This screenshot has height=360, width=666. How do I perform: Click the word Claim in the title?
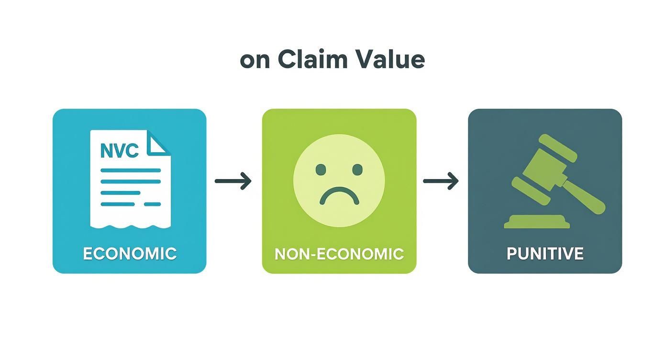click(x=312, y=59)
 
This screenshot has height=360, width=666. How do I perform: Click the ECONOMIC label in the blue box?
click(x=130, y=254)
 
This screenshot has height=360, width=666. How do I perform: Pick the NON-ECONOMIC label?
click(x=339, y=254)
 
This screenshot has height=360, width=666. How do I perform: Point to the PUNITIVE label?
click(x=545, y=254)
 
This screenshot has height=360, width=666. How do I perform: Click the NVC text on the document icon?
click(x=119, y=150)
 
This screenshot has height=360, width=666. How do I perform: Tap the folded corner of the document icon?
click(x=157, y=143)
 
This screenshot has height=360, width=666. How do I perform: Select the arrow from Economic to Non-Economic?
click(x=233, y=181)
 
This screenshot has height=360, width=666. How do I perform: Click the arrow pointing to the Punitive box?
click(x=441, y=181)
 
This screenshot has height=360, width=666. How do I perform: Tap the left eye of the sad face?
click(x=321, y=169)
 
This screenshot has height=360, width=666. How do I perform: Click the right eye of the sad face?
click(x=357, y=169)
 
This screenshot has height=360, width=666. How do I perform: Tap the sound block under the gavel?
click(x=537, y=222)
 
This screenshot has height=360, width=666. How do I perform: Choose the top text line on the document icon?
click(x=130, y=170)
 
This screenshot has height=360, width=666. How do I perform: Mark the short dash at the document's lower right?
click(x=152, y=204)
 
